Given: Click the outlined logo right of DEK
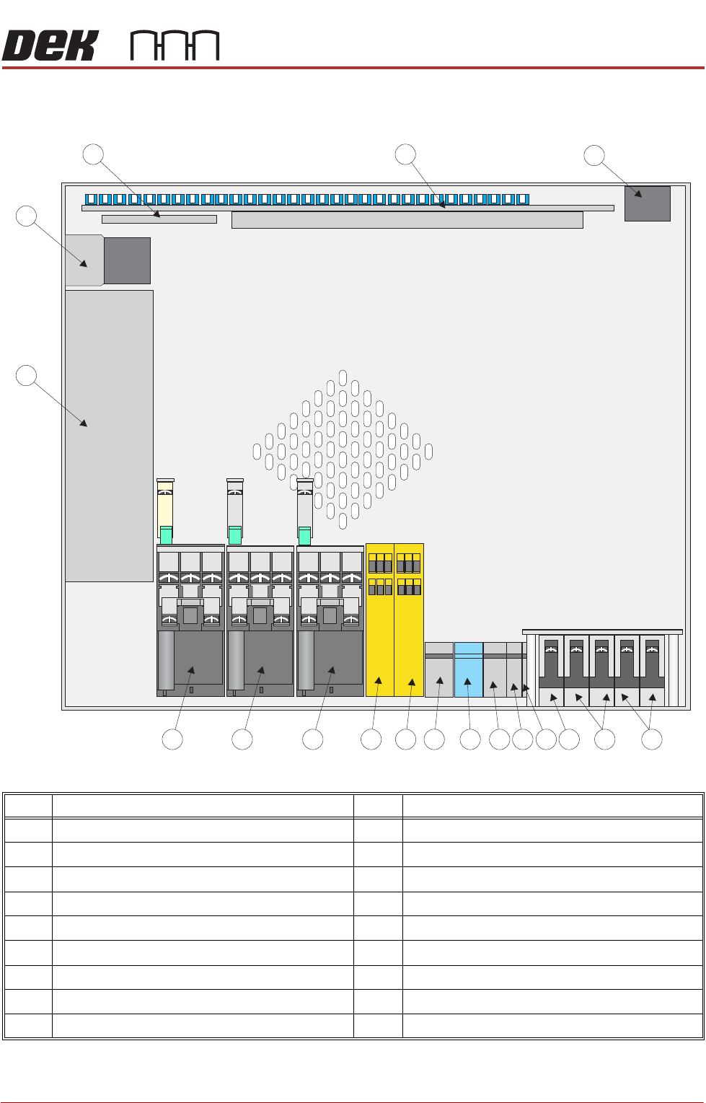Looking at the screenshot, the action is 175,45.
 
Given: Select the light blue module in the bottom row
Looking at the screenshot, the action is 468,669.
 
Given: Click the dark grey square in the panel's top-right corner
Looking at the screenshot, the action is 647,203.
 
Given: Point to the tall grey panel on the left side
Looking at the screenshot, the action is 109,436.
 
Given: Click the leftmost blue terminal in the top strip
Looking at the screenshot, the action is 91,199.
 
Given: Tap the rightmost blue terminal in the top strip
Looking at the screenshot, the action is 524,199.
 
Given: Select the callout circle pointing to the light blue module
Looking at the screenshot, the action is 470,739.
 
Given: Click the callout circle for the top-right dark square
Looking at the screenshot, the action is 594,156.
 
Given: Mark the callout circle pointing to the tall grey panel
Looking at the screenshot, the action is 27,376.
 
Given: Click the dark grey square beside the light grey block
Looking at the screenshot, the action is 127,260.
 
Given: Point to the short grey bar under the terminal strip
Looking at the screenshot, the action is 159,219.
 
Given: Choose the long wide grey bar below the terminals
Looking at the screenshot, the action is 407,220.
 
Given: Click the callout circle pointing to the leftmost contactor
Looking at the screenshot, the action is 172,739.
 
